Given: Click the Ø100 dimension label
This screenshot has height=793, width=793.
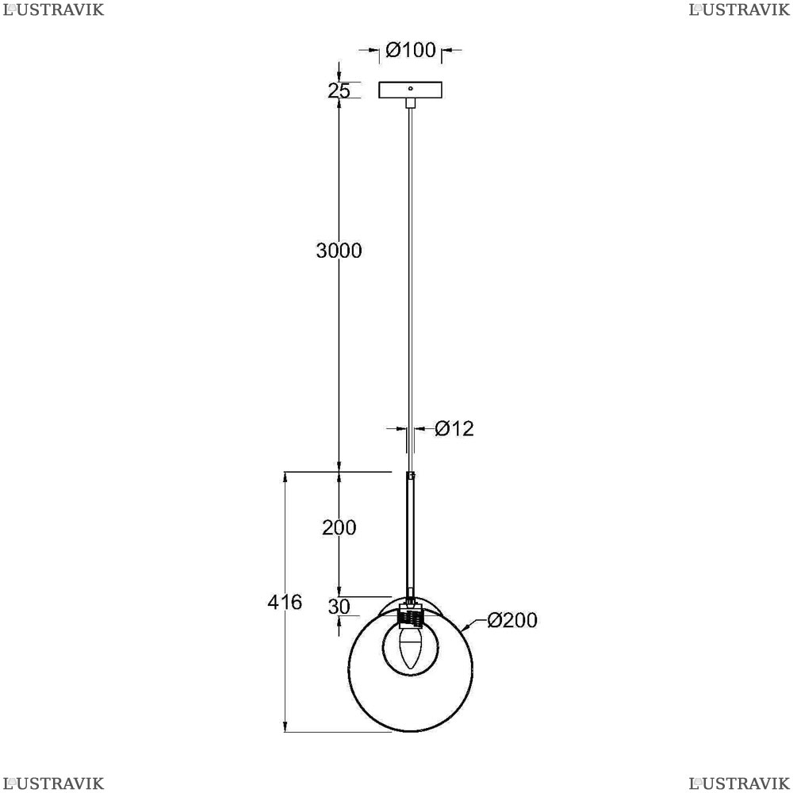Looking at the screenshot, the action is point(410,50).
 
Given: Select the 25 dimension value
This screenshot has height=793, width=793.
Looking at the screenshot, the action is point(339,91).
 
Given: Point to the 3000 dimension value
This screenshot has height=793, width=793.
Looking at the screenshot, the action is point(339,251).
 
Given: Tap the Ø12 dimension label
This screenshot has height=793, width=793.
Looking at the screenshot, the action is point(454,429).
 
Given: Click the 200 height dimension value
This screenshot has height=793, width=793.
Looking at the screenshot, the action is point(339,527).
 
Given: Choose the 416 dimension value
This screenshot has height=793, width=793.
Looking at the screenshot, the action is point(285,602).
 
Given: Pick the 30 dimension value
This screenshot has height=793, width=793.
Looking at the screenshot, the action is point(339,607).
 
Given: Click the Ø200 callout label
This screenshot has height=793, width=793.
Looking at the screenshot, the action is point(512,620).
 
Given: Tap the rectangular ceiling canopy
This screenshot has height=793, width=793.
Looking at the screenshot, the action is point(410,90).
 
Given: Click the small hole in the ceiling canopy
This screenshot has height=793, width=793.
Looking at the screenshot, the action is point(411,88).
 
